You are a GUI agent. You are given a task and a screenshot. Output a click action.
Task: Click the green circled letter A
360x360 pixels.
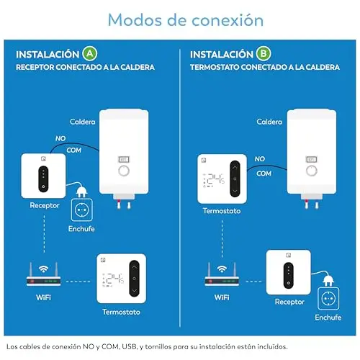(x=90, y=53)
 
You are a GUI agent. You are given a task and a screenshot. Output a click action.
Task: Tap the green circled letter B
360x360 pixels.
(x=264, y=53)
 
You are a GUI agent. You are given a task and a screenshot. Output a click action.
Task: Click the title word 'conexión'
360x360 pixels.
(x=228, y=20)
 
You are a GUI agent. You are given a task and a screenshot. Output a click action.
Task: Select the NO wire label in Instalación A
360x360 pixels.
(x=60, y=138)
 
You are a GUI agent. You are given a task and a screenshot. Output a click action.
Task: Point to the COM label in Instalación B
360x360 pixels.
(x=264, y=174)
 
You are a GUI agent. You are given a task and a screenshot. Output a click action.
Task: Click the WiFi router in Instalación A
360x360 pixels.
(x=43, y=274)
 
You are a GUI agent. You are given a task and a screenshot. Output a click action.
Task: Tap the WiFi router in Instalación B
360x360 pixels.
(x=222, y=274)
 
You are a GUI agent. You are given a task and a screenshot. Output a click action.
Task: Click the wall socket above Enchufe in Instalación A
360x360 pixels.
(x=82, y=210)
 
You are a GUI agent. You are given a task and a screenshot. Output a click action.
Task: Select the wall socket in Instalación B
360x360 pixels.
(x=328, y=299)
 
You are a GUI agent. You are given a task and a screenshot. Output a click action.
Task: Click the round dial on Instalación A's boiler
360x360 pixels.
(x=124, y=171)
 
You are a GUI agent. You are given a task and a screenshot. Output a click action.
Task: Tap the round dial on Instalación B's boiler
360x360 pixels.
(x=312, y=171)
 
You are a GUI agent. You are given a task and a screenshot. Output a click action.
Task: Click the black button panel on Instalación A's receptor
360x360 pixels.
(x=43, y=179)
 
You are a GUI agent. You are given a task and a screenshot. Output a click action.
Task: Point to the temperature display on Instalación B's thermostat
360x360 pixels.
(x=214, y=180)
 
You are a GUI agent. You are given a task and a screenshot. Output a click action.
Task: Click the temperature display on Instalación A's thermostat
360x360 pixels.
(x=113, y=280)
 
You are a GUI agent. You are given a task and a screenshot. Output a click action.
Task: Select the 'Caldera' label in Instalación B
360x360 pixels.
(x=269, y=122)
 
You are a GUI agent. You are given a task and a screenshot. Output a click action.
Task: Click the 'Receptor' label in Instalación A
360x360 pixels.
(x=45, y=205)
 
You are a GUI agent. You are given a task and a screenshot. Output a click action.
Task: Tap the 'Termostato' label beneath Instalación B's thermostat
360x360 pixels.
(x=222, y=211)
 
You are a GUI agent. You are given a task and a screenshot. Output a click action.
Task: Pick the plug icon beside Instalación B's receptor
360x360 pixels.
(x=328, y=279)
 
